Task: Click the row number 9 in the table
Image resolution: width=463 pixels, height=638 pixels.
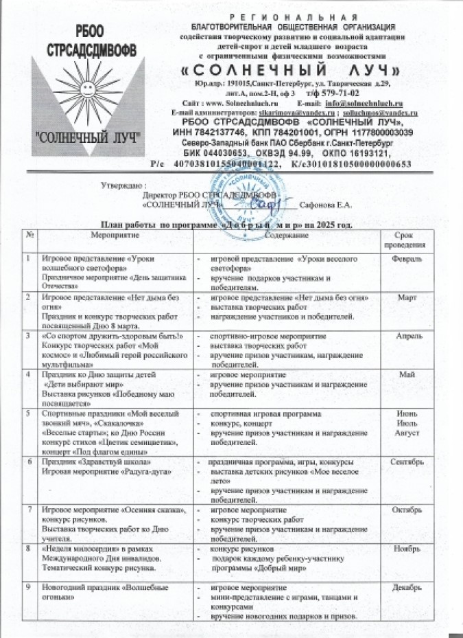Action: coord(28,588)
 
